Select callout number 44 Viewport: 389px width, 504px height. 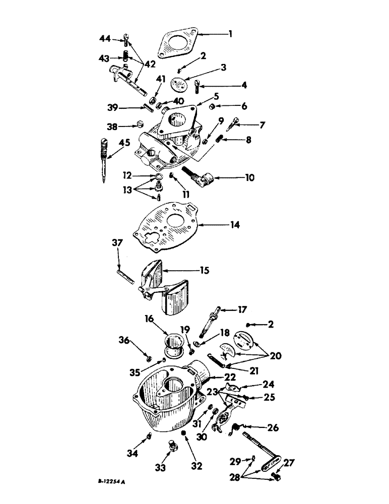click(x=105, y=38)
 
